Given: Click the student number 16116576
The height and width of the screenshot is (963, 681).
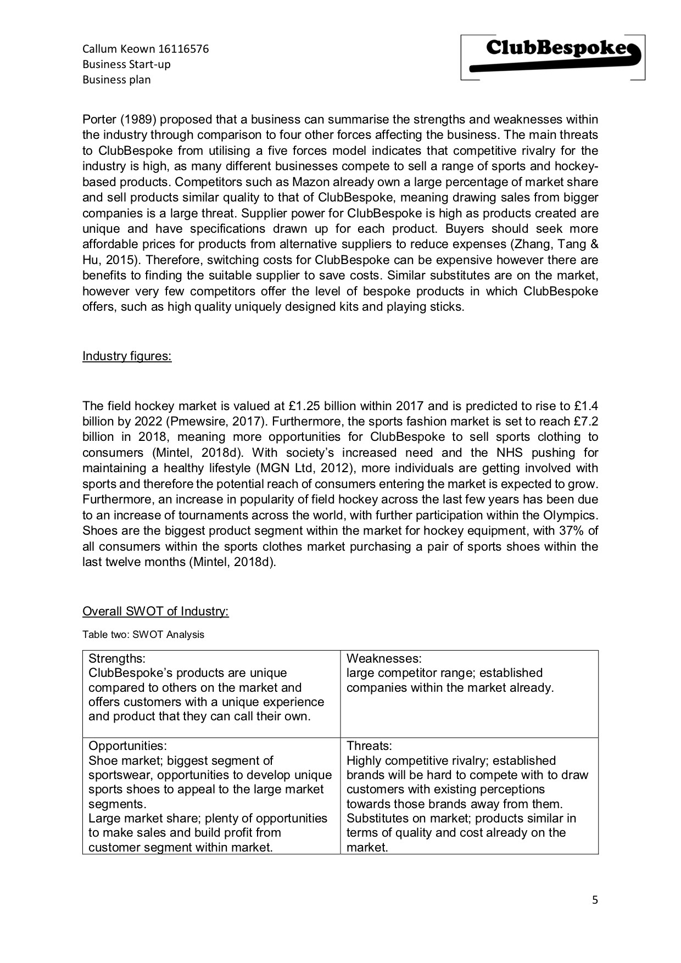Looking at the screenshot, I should click(183, 49).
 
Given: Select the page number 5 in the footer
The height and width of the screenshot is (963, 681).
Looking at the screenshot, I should click(595, 900).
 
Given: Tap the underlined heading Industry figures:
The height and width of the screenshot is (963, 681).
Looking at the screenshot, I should click(127, 356).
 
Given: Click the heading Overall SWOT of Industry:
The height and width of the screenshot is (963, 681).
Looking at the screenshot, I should click(155, 612).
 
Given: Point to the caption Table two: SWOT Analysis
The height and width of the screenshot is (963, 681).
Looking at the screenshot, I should click(143, 635).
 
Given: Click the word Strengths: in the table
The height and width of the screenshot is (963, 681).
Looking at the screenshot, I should click(117, 658).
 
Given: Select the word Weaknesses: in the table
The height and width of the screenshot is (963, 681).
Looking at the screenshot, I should click(384, 658).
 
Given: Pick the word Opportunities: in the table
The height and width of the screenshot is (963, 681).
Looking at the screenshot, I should click(127, 746).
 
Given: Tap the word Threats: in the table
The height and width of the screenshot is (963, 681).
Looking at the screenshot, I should click(369, 746).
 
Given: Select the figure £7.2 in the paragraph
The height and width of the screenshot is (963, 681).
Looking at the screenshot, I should click(583, 422).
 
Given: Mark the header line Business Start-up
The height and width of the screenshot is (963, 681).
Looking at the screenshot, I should click(126, 64).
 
